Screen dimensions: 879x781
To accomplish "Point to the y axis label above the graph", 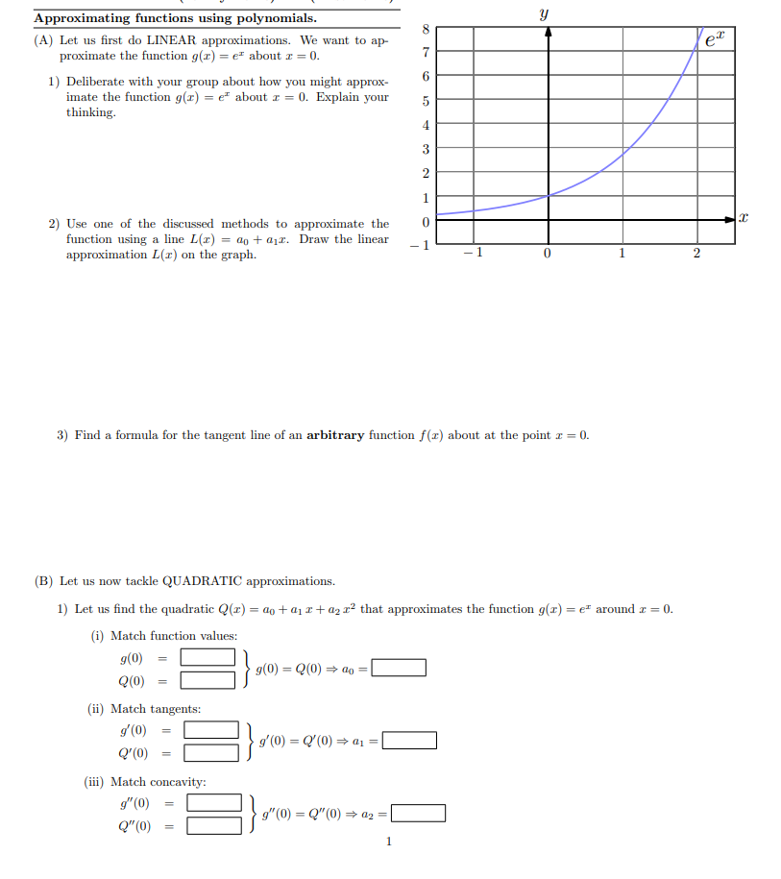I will click(x=545, y=13).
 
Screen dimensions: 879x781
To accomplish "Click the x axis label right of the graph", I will click(x=744, y=220).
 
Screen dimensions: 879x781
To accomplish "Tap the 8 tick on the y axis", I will click(x=426, y=29).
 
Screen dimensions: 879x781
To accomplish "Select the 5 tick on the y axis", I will click(x=426, y=101).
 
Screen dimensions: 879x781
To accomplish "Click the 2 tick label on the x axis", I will click(x=696, y=254).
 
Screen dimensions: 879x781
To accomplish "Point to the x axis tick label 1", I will click(x=622, y=254).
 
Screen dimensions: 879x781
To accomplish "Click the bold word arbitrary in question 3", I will click(x=335, y=435).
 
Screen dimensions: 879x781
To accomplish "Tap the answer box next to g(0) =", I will click(x=208, y=658).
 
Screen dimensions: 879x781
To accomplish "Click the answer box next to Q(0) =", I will click(x=208, y=681).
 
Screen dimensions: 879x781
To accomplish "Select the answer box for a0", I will click(x=399, y=668).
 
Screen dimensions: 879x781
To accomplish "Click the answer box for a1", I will click(x=409, y=741).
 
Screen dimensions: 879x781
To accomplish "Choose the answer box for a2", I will click(x=418, y=814).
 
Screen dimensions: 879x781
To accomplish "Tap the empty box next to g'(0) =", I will click(x=211, y=730).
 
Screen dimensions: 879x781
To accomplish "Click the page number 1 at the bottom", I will click(x=388, y=842).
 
